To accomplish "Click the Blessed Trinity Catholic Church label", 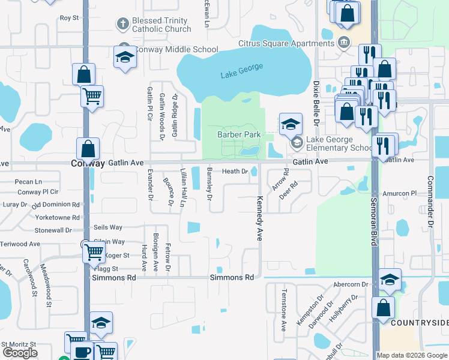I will [x=161, y=25].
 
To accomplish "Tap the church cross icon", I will [x=122, y=25].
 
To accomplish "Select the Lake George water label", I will [x=242, y=70].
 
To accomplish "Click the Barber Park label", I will [x=239, y=134].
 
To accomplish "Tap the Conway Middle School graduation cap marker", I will [x=125, y=58].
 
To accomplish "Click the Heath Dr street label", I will [x=235, y=172].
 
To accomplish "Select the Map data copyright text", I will [x=412, y=355].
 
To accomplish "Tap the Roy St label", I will [x=69, y=18].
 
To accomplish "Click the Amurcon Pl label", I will [x=399, y=194].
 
